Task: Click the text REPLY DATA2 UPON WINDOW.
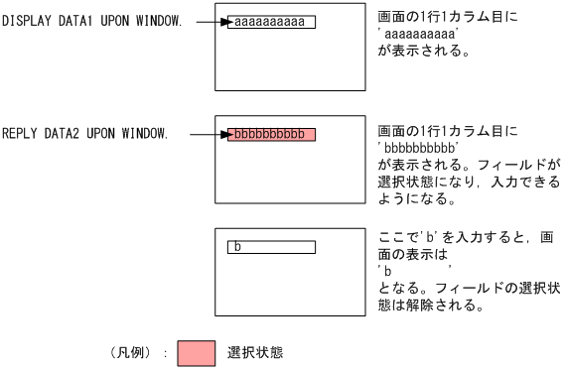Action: coord(84,133)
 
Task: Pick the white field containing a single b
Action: coord(271,246)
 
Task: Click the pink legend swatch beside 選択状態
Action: coord(195,352)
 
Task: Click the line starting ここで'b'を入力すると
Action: coord(467,240)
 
